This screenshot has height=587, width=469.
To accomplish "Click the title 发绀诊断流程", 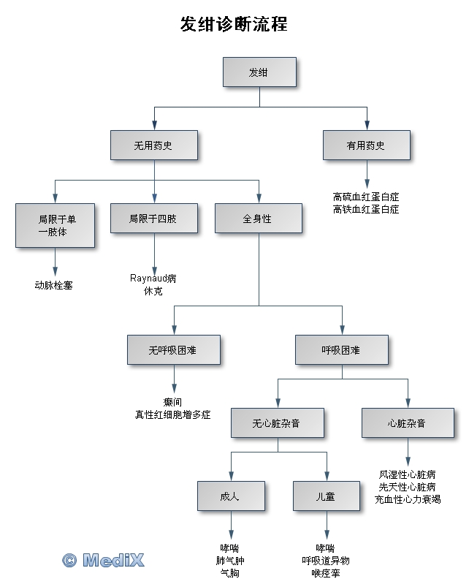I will pyautogui.click(x=234, y=25).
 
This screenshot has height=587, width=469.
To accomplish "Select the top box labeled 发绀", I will pyautogui.click(x=259, y=72).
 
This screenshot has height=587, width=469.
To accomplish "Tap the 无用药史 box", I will pyautogui.click(x=153, y=145).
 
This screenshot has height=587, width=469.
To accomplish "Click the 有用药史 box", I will pyautogui.click(x=366, y=145).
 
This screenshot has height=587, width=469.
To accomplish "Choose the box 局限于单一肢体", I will pyautogui.click(x=55, y=225).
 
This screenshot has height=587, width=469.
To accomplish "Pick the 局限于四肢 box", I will pyautogui.click(x=153, y=219).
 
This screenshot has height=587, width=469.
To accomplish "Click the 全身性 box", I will pyautogui.click(x=258, y=219).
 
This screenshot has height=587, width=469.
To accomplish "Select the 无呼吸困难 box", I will pyautogui.click(x=173, y=350).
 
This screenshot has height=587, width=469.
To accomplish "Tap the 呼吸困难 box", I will pyautogui.click(x=342, y=350).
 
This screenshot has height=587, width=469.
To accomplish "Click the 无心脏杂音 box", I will pyautogui.click(x=277, y=423).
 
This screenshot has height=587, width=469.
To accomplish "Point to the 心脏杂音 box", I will pyautogui.click(x=407, y=423).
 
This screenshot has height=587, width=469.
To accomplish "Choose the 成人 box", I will pyautogui.click(x=230, y=496).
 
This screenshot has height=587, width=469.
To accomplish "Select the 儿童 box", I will pyautogui.click(x=326, y=496).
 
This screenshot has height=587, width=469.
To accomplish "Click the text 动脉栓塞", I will pyautogui.click(x=54, y=285).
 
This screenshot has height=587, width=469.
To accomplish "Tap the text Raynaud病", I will pyautogui.click(x=153, y=279).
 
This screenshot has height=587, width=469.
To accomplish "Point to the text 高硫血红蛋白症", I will pyautogui.click(x=366, y=197).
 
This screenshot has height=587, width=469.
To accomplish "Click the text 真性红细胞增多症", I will pyautogui.click(x=173, y=414).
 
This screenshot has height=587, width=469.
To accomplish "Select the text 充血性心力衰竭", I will pyautogui.click(x=408, y=499).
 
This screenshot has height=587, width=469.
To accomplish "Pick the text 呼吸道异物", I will pyautogui.click(x=326, y=561).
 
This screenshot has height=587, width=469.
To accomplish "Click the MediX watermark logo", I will pyautogui.click(x=103, y=560).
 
